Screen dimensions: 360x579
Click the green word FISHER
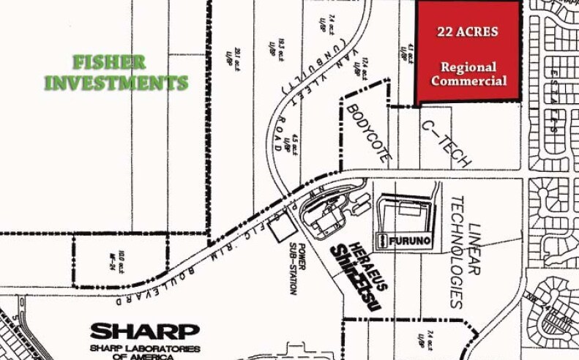109,62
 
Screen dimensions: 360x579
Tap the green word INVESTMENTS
116,83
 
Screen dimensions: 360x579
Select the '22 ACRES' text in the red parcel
467,31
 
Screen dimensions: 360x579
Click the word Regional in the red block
468,67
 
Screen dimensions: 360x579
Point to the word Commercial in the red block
468,80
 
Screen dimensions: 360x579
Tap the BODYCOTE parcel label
370,132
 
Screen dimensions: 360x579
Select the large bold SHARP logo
143,331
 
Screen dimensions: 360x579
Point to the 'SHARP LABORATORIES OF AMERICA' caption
143,352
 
